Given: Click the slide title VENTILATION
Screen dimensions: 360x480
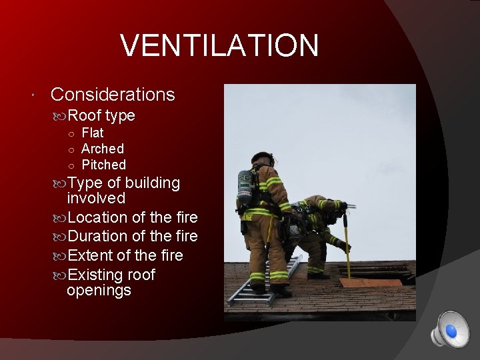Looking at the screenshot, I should [x=219, y=46].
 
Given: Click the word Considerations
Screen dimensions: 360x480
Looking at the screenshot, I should [x=113, y=95].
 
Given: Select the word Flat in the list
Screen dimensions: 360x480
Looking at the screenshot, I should [x=93, y=133].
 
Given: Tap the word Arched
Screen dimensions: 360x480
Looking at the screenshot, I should [x=103, y=149].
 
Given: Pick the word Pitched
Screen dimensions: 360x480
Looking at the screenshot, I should [x=103, y=165].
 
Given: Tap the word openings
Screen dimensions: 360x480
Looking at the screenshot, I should [x=99, y=291].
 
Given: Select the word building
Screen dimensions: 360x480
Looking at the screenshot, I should [x=153, y=183].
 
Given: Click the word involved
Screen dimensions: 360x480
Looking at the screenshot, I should [x=96, y=198].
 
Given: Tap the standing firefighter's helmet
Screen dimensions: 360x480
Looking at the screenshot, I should [x=263, y=158].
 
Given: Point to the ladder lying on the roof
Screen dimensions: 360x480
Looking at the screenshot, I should [x=263, y=282].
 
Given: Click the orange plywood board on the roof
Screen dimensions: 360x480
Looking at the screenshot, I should [x=371, y=282].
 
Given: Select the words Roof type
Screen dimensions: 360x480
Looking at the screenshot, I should [x=101, y=115].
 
